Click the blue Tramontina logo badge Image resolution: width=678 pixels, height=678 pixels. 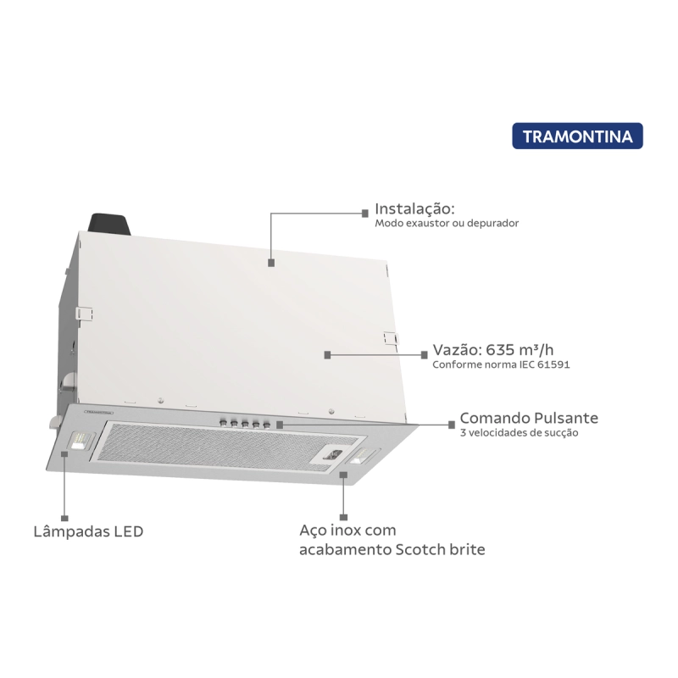[577, 136]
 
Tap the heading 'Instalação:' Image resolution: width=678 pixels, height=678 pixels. [414, 208]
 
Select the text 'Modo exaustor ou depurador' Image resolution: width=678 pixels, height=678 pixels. [447, 223]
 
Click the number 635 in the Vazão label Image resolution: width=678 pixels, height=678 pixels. [502, 349]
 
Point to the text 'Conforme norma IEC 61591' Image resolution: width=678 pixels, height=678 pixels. [501, 364]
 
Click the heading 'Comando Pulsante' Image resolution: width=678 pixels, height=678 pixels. [529, 418]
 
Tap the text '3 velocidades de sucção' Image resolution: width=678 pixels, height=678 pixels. [519, 433]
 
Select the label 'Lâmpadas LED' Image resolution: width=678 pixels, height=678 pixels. [88, 531]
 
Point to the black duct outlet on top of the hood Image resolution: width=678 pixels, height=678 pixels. [109, 225]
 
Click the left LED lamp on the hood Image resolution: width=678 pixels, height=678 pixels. [81, 441]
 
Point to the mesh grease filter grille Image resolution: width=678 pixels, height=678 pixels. [228, 447]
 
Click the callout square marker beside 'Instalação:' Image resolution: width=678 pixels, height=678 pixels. [365, 214]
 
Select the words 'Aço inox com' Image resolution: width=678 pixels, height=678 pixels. [347, 531]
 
